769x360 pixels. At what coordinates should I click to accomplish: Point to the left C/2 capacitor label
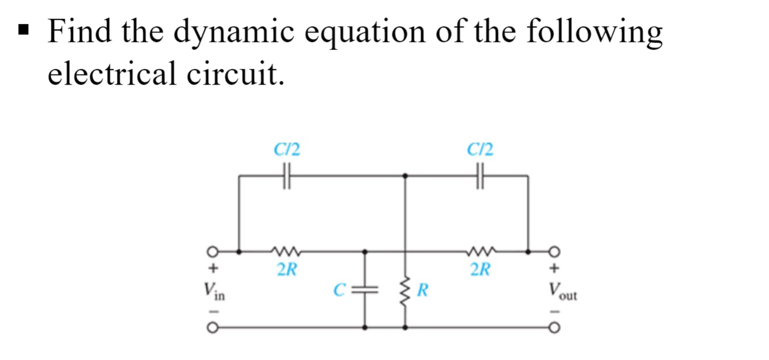pos(287,150)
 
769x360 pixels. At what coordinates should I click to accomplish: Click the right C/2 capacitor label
pos(480,150)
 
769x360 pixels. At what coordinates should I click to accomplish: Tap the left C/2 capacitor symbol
pos(286,174)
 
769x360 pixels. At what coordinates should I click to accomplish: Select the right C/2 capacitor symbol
pos(480,174)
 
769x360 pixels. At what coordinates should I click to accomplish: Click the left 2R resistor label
pos(286,270)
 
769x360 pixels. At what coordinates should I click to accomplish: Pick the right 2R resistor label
pos(480,270)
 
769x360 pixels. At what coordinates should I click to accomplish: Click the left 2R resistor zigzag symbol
pos(286,252)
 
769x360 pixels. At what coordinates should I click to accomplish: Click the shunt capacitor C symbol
pos(365,289)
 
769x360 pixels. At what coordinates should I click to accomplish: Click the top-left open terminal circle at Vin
pos(214,252)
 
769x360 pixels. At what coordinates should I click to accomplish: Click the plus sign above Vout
pos(554,270)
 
